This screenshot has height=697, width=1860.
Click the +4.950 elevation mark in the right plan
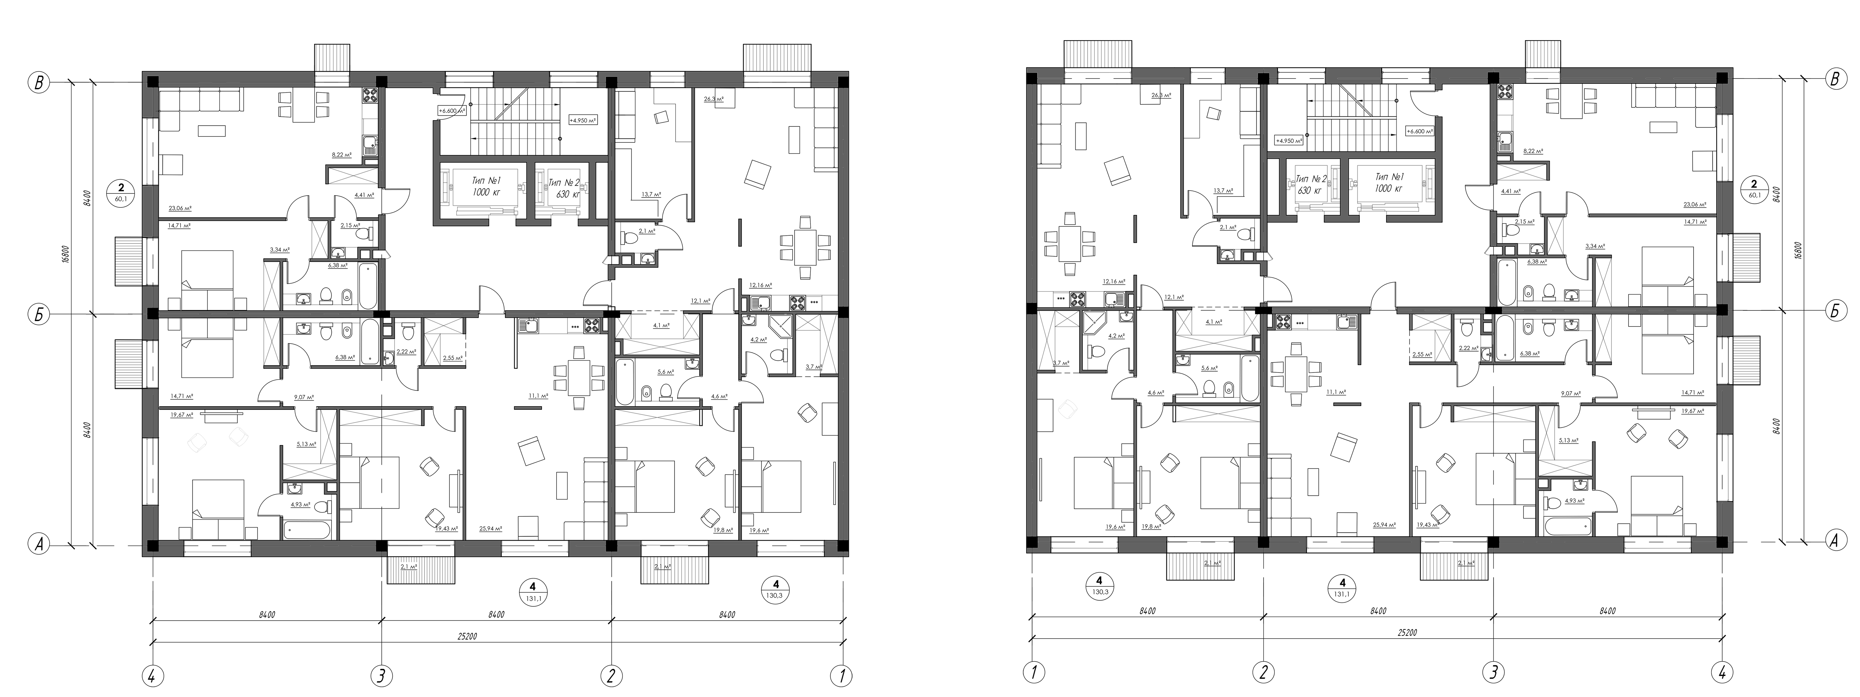pos(1290,141)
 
